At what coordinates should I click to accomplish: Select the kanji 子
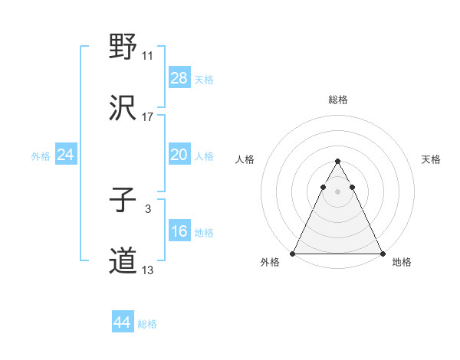coord(123,201)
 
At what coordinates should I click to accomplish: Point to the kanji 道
coord(123,261)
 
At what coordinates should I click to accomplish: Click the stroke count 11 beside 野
coord(148,56)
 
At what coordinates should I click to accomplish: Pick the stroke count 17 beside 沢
coord(148,117)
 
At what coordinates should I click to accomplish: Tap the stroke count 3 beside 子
coord(147,209)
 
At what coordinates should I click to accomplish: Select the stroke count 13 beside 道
coord(148,270)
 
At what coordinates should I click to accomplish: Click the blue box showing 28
coord(179,78)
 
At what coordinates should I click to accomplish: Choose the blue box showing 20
coord(179,155)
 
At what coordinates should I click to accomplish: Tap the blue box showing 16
coord(179,231)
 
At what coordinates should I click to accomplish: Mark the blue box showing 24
coord(66,155)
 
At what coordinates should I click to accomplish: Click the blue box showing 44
coord(123,322)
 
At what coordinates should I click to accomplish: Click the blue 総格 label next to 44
coord(147,324)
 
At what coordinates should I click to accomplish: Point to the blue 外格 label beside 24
coord(41,155)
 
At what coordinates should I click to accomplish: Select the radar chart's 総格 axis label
coord(337,100)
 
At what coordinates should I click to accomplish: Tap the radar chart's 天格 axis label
coord(432,159)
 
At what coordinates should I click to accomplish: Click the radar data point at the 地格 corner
coord(382,253)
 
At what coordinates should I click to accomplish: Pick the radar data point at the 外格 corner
coord(293,253)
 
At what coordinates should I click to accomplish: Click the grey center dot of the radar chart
coord(337,191)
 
